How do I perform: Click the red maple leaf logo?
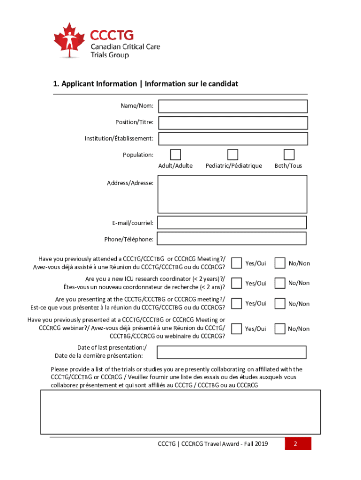coord(69,39)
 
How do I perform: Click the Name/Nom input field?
coord(233,106)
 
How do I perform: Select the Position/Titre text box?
coord(233,123)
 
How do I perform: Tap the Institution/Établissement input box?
coord(233,139)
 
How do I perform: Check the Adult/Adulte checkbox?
coord(175,155)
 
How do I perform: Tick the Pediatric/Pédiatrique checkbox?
coord(233,155)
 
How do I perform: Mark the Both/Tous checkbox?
coord(289,155)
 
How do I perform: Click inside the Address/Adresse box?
coord(233,194)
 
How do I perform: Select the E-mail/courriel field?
coord(232,223)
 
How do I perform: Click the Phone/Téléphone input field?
coord(232,239)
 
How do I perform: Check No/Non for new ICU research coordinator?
coord(280,283)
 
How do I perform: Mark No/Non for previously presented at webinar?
coord(280,329)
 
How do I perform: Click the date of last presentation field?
coord(231,352)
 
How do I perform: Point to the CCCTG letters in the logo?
coord(112,35)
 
